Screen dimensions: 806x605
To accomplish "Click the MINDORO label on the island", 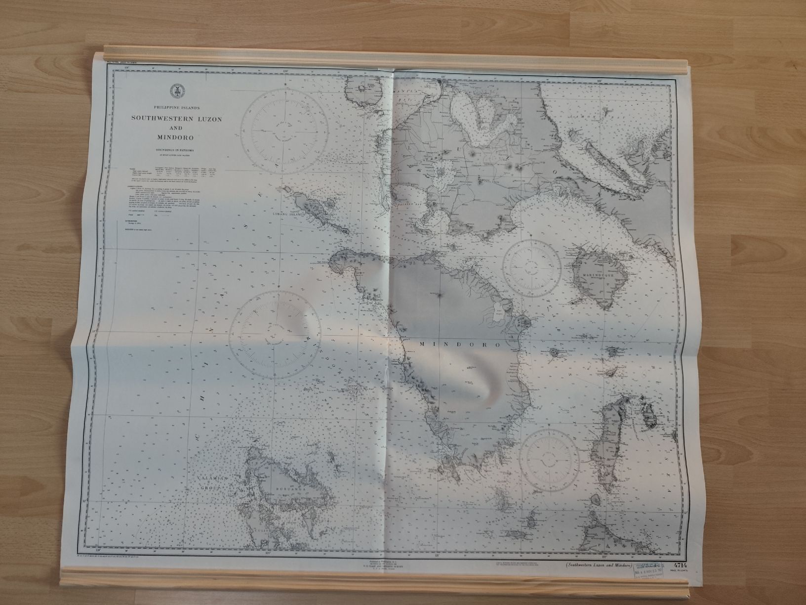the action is click(x=460, y=344).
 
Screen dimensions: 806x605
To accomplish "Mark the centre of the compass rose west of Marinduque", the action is click(x=532, y=267).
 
